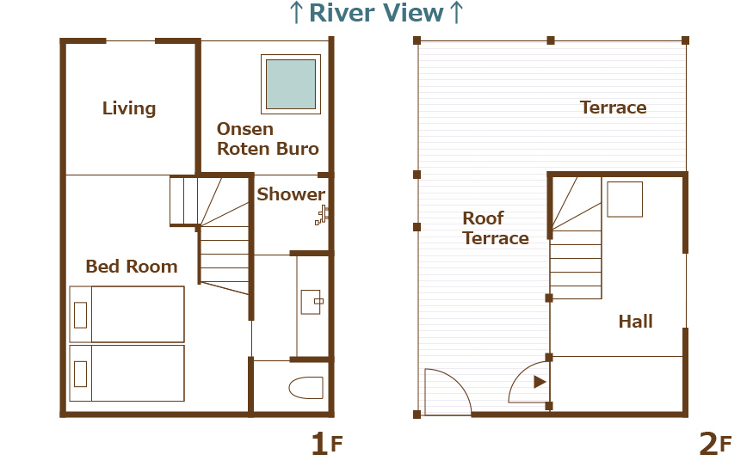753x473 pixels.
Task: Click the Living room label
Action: (129, 108)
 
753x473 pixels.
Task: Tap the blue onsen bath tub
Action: (291, 84)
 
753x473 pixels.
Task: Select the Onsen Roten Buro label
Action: (268, 138)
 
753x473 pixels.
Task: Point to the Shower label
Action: (291, 194)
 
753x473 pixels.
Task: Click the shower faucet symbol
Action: (322, 215)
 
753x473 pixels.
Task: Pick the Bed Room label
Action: (132, 267)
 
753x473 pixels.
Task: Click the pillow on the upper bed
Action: (81, 315)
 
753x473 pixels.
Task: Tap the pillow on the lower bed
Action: (81, 374)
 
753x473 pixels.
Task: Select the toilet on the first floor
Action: (306, 388)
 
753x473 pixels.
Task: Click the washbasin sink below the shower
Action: (311, 302)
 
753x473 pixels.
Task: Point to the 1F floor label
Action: (326, 444)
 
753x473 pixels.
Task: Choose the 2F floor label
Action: (715, 444)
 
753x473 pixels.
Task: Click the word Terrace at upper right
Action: (614, 107)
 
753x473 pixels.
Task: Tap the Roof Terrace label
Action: (496, 229)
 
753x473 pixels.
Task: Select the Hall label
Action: (636, 322)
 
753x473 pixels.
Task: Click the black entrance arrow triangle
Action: (540, 382)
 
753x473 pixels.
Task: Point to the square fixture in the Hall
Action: (625, 199)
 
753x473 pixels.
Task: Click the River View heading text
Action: (376, 13)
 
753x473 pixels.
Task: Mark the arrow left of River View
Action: (296, 13)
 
